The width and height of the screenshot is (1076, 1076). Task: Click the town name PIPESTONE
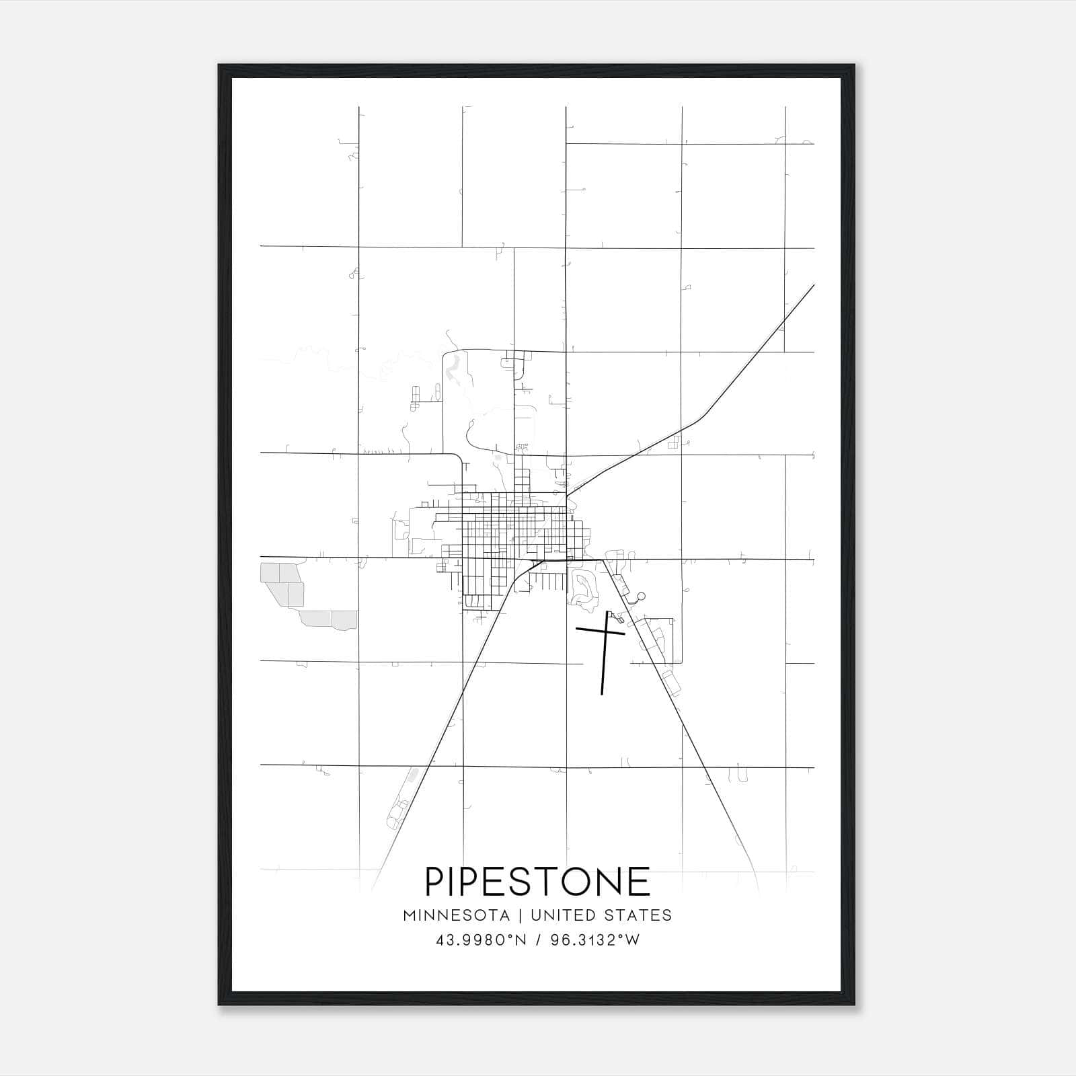537,882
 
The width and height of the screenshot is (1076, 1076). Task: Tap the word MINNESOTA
455,915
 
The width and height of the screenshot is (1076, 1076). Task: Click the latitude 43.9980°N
481,940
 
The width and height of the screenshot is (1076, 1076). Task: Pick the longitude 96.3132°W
595,940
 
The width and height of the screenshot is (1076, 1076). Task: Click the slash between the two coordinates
539,940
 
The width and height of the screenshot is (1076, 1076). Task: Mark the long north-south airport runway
603,666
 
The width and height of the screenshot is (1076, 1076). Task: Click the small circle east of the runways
641,596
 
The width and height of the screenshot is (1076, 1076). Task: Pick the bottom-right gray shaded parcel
344,619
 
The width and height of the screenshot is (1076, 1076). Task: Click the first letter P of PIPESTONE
435,882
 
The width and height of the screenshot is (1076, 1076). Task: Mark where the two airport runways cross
606,631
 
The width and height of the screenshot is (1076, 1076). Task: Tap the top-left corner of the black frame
219,66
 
